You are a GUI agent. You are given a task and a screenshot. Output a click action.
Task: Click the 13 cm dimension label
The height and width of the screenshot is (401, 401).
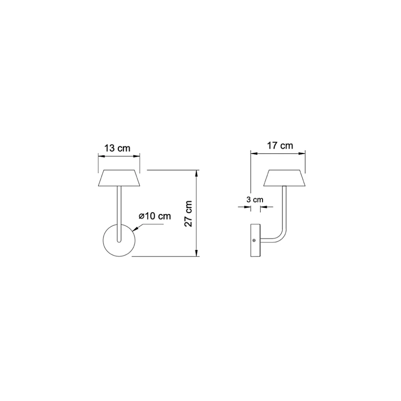117,148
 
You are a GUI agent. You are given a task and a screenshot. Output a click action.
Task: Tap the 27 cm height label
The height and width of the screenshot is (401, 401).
189,214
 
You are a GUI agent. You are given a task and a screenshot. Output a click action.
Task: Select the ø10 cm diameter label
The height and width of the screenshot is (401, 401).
155,216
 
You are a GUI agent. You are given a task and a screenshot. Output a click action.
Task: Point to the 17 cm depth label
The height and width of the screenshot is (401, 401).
280,145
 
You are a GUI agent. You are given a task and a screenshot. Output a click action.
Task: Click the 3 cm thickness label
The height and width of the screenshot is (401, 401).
255,199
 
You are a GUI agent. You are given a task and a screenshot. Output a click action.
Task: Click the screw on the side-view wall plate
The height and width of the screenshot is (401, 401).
254,240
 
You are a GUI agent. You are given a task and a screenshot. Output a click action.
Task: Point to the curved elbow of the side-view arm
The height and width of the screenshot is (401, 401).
282,237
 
